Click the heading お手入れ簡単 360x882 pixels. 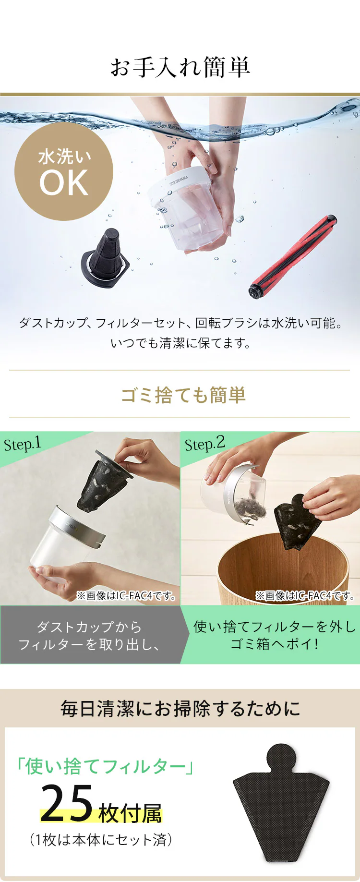pos(180,67)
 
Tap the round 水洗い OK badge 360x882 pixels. pos(64,171)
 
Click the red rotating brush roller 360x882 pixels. pos(293,257)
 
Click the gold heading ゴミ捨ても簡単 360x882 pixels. pos(183,395)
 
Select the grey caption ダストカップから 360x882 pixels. pos(89,627)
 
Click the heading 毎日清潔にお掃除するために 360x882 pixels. pos(180,709)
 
